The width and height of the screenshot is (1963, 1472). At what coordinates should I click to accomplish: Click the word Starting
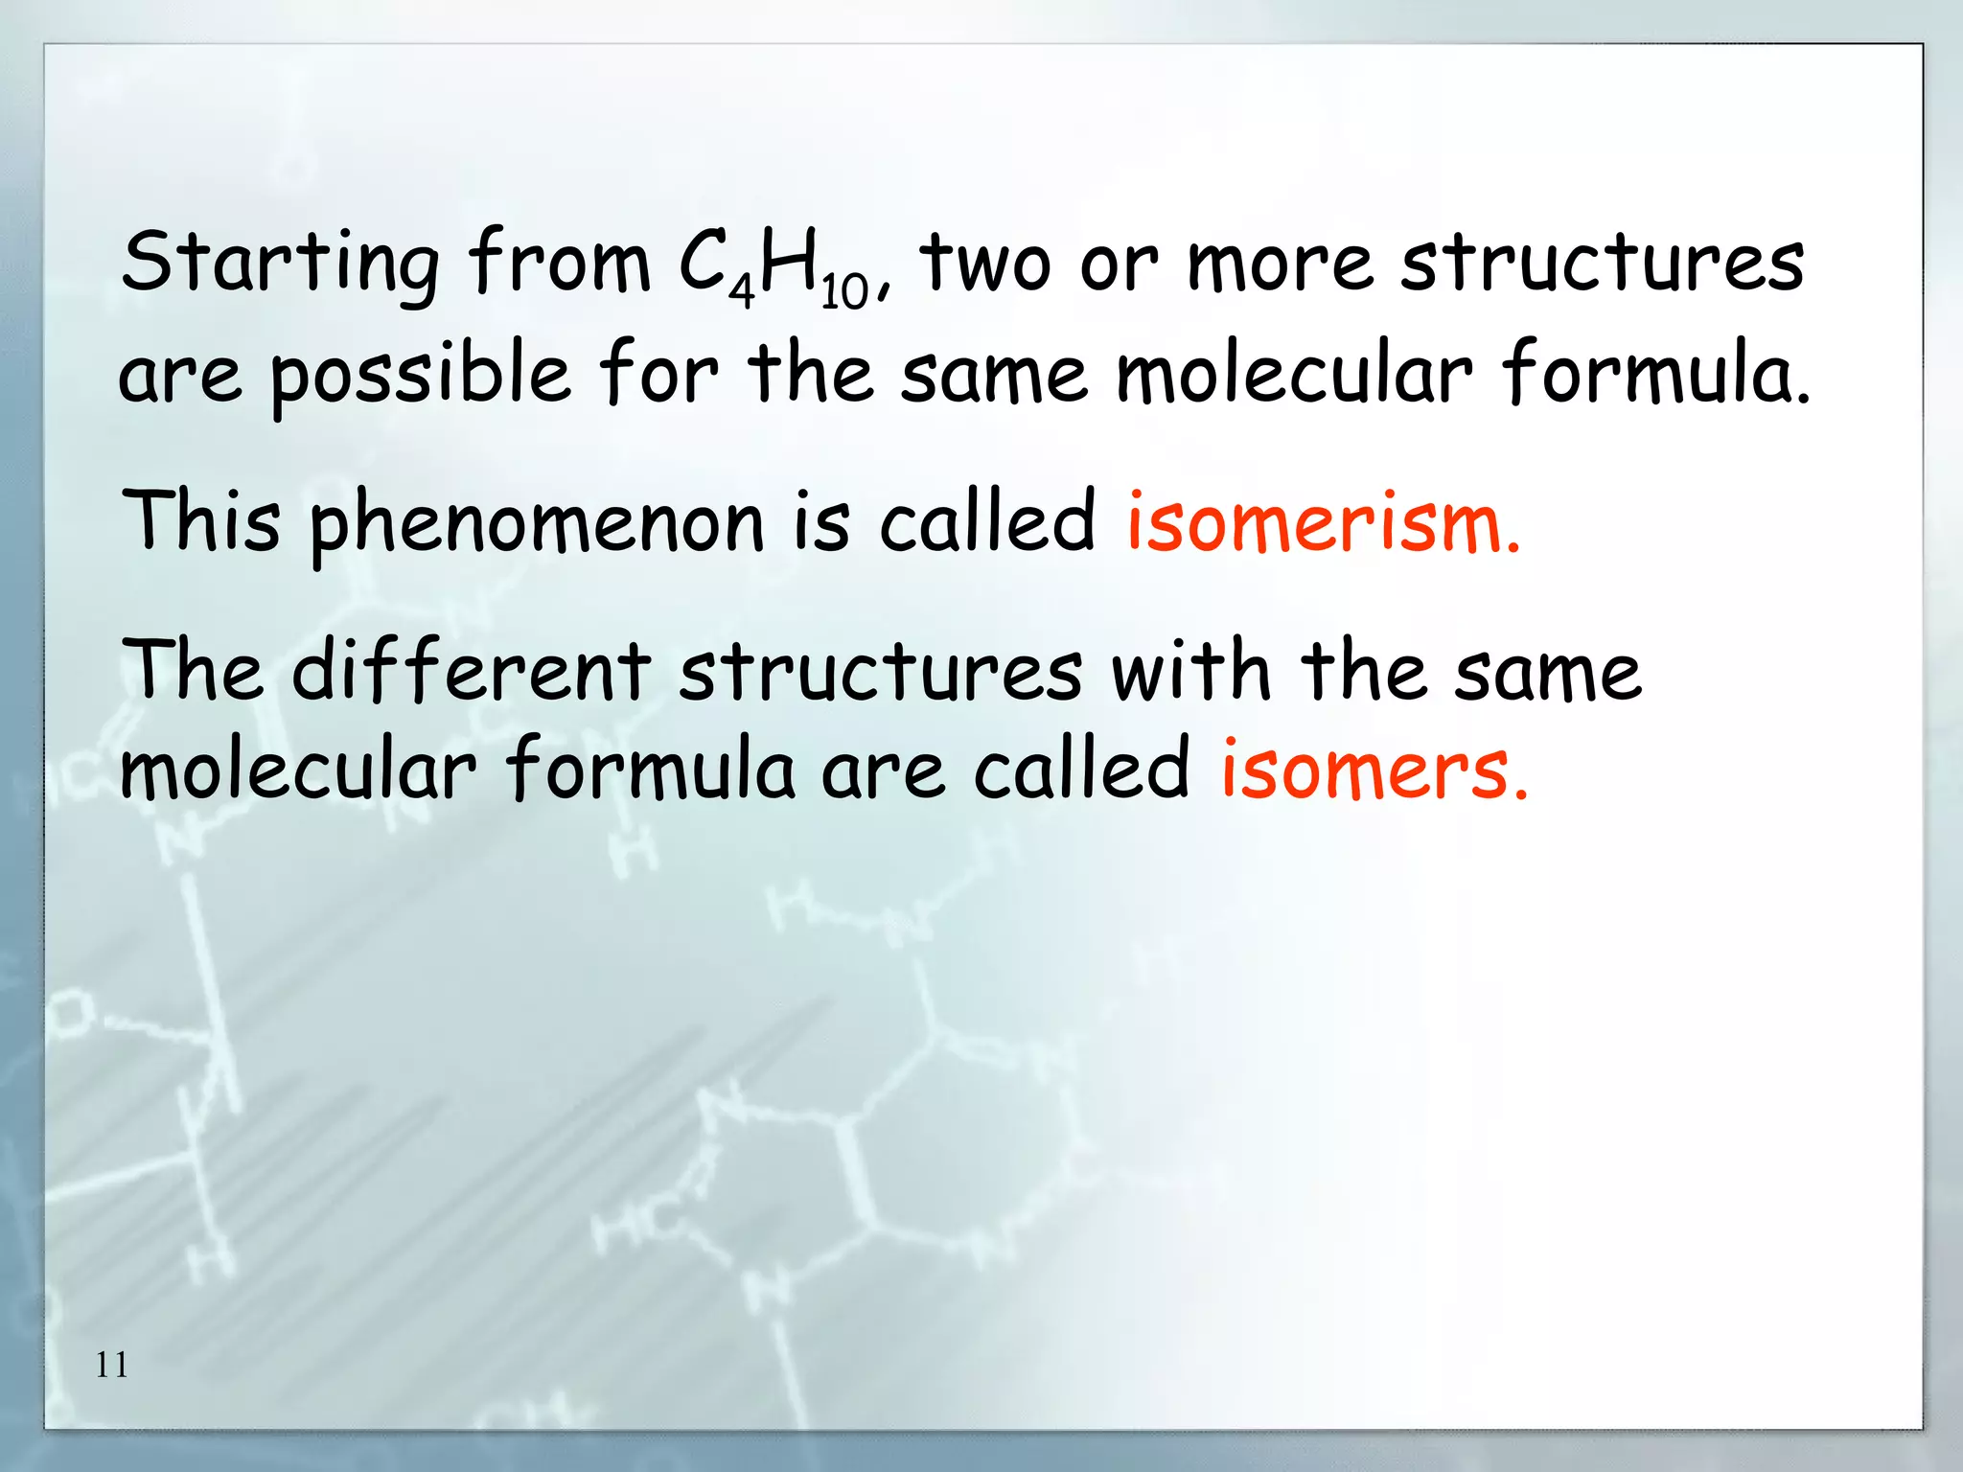pyautogui.click(x=280, y=264)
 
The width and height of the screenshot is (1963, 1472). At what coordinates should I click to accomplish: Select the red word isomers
pyautogui.click(x=1374, y=769)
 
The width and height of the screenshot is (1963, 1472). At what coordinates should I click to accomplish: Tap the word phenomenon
pyautogui.click(x=537, y=525)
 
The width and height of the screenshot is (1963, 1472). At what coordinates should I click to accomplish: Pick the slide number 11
pyautogui.click(x=112, y=1365)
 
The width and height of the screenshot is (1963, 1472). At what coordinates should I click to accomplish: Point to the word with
pyautogui.click(x=1191, y=670)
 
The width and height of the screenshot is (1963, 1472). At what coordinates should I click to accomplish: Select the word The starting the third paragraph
pyautogui.click(x=192, y=670)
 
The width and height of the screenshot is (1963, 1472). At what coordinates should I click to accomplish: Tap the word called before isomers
pyautogui.click(x=1081, y=769)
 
